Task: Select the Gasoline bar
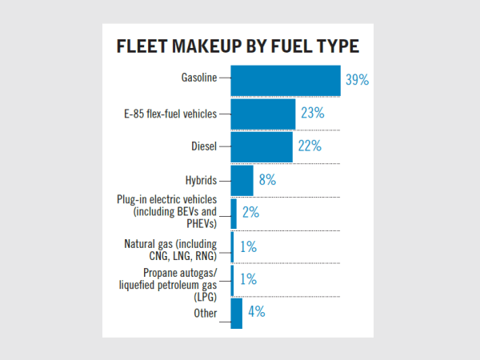point(286,79)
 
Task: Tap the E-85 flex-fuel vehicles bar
point(262,114)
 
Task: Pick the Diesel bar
point(262,146)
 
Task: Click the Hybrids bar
point(242,180)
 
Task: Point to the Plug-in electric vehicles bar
point(234,213)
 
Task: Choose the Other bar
point(236,313)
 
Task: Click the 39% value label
point(357,80)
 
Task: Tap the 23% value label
point(312,114)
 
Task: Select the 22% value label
point(310,146)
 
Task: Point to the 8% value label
point(267,180)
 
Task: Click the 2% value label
point(250,213)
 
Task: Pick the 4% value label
point(256,312)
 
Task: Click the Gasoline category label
point(198,78)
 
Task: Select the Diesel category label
point(203,146)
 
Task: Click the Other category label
point(205,313)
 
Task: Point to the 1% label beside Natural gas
point(247,247)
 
